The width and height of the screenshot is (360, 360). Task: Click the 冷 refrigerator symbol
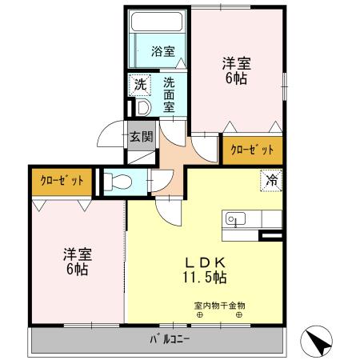coord(271,181)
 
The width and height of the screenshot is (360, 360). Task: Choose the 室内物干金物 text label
coord(218,305)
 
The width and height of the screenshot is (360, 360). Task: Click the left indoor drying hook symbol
coord(200,314)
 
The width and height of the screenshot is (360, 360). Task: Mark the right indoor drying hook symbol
coord(238,314)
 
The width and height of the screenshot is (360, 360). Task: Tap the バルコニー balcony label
coord(170,340)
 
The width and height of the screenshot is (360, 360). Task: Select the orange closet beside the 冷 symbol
coord(252,150)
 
